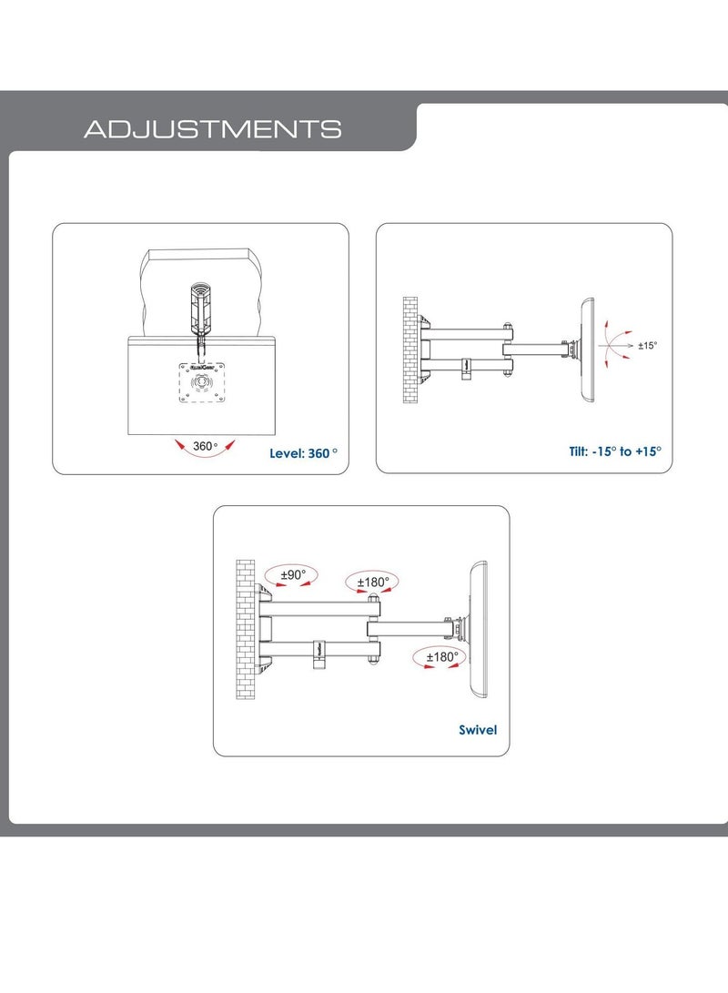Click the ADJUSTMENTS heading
tap(213, 129)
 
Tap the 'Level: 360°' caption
tap(303, 452)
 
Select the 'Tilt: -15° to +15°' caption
tap(614, 451)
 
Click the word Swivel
tap(478, 730)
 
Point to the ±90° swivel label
tap(293, 574)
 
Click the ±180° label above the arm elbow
tap(373, 582)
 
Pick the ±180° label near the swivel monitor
tap(441, 657)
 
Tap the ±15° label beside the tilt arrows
tap(648, 345)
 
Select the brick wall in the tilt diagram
tap(410, 350)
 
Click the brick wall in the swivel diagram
tap(246, 630)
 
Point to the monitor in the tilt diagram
tap(588, 350)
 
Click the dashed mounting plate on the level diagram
tap(202, 382)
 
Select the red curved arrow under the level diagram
tap(205, 451)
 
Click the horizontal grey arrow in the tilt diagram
tap(615, 346)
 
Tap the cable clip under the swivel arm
tap(319, 654)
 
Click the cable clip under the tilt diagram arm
tap(467, 369)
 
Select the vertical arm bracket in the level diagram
tap(201, 310)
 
